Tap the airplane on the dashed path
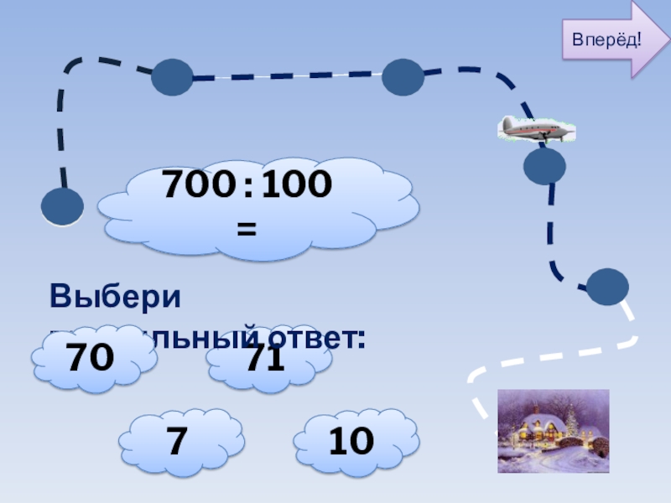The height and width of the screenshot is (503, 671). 537,128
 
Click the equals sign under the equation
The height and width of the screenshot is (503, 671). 247,227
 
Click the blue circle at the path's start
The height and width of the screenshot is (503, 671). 62,206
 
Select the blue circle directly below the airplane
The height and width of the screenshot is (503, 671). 544,166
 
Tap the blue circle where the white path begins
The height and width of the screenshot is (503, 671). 606,287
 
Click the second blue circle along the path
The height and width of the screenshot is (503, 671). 172,77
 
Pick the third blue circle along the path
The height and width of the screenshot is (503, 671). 403,77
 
